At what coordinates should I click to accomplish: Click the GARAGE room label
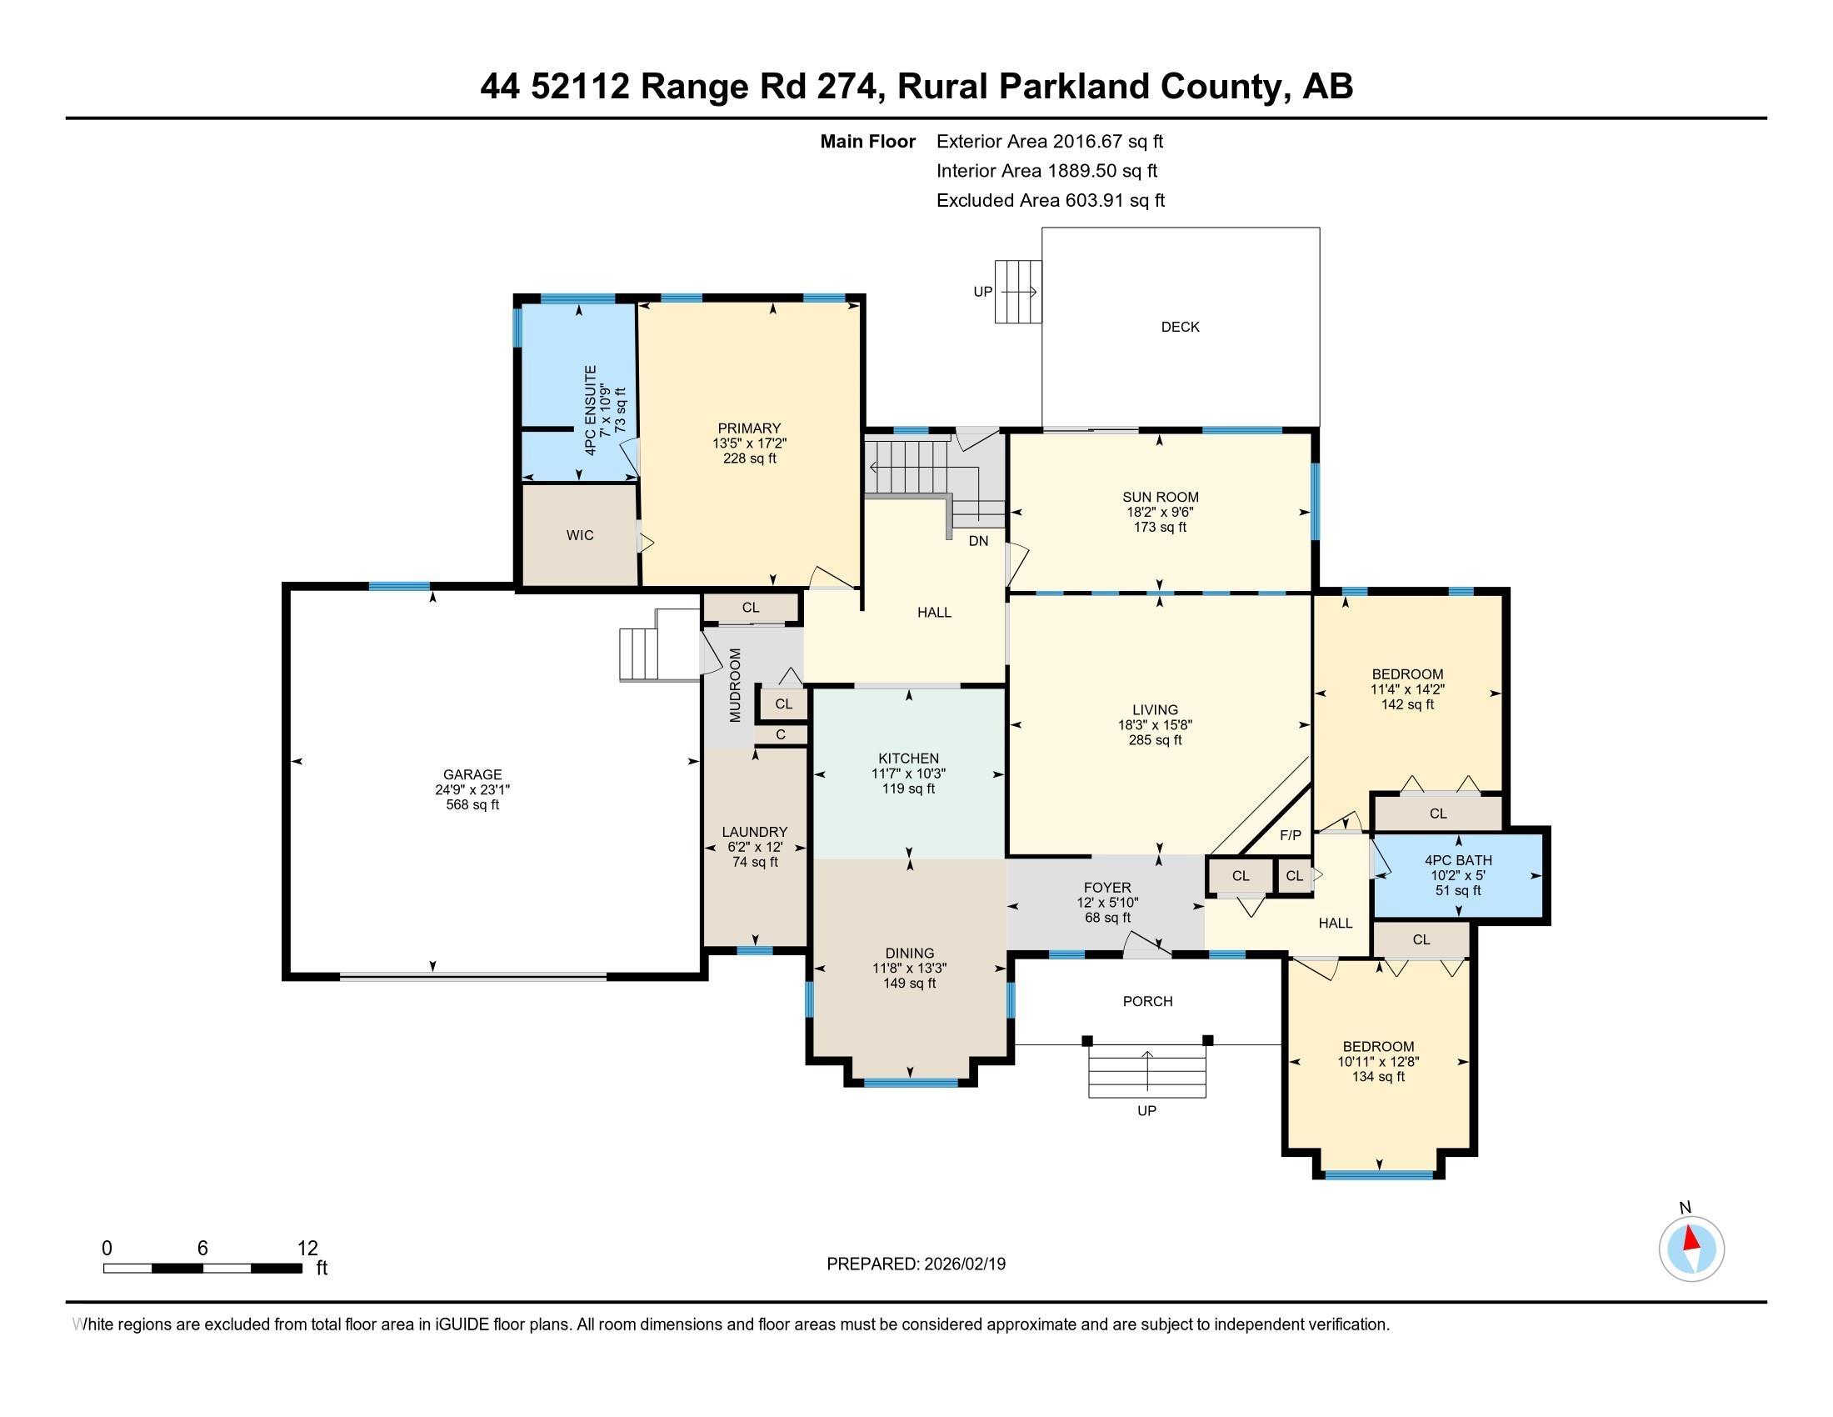(x=472, y=775)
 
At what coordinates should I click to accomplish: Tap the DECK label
(x=1180, y=328)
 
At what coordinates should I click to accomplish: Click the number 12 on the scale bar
(x=308, y=1249)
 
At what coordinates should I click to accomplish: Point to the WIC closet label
(x=580, y=536)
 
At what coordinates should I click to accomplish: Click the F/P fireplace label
(x=1291, y=835)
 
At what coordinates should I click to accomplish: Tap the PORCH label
(x=1147, y=1001)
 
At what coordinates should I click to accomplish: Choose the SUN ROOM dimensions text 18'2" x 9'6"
(x=1161, y=512)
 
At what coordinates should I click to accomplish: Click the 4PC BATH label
(x=1458, y=860)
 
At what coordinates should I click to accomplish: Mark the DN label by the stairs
(x=979, y=542)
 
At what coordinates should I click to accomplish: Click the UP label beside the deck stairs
(x=983, y=292)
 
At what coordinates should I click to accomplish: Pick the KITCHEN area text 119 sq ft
(x=909, y=789)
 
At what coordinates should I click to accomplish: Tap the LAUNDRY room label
(x=755, y=832)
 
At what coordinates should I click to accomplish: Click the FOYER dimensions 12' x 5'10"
(x=1108, y=903)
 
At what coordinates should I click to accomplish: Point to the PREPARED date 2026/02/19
(x=963, y=1264)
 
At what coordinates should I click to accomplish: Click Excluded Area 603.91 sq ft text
(x=1051, y=201)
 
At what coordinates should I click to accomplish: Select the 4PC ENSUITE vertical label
(x=591, y=410)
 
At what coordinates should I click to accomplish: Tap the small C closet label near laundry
(x=781, y=734)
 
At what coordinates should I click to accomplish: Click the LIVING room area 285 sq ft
(x=1156, y=740)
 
